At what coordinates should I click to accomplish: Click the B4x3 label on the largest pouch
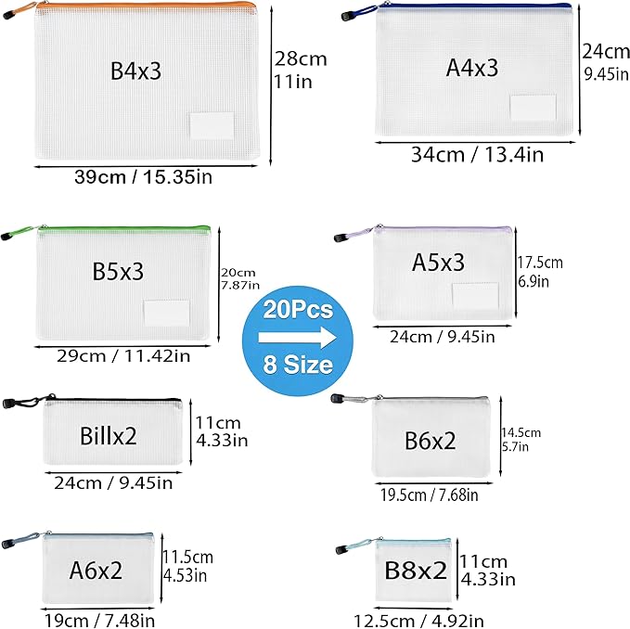135,71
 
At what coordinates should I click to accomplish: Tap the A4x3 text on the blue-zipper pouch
472,68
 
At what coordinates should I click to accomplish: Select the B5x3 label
118,271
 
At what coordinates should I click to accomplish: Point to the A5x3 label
438,263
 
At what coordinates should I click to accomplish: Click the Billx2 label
108,436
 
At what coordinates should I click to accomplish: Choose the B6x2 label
430,441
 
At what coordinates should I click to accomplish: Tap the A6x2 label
96,570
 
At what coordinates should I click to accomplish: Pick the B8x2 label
416,570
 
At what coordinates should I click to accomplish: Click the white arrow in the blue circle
297,338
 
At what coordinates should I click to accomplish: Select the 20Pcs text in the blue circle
298,310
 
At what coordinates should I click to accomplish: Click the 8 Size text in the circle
298,365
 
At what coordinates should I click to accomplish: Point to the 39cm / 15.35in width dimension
144,177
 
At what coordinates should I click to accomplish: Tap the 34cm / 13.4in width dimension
477,155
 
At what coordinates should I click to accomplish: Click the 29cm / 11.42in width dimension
123,356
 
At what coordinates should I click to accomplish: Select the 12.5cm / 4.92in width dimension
418,621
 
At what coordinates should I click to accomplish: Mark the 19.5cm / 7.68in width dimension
430,494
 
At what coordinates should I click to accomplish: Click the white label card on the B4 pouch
212,126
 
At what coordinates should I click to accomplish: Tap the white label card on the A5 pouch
475,296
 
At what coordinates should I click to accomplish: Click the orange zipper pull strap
20,11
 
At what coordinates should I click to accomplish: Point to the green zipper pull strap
19,233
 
